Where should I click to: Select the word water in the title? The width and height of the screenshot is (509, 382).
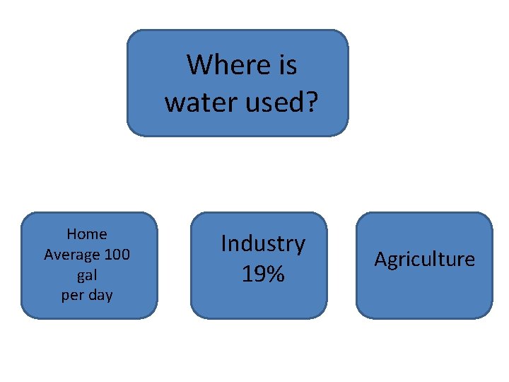coord(197,103)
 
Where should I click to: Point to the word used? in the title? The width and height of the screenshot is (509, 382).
coord(277,103)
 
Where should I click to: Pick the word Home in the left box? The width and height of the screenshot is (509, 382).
coord(87,234)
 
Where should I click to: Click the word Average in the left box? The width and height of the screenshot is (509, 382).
coord(72,255)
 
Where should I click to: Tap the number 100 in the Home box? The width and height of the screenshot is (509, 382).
coord(117,255)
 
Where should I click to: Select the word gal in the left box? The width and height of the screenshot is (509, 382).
coord(87,275)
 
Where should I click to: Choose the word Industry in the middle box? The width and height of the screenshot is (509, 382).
coord(263,244)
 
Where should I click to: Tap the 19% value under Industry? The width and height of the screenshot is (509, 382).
coord(263,274)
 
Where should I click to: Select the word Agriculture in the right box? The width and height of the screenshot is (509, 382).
coord(424,260)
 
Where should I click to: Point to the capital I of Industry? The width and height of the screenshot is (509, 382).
coord(223,243)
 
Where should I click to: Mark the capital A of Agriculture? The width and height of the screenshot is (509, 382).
coord(380,260)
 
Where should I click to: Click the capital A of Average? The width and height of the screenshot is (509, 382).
coord(49,255)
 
